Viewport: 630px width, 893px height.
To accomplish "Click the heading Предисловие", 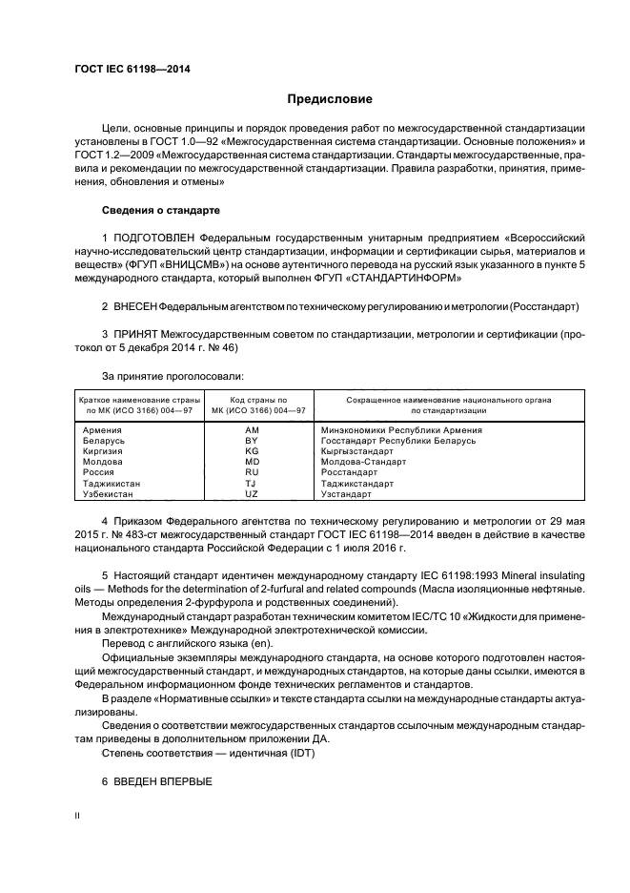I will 331,98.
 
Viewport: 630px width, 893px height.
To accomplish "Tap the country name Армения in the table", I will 103,430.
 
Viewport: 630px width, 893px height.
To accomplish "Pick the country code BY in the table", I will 252,441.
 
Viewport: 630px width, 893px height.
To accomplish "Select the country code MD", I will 252,462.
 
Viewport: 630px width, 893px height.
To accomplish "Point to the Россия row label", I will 99,472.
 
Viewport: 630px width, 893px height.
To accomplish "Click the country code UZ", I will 252,494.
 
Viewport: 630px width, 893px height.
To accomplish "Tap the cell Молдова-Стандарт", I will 364,462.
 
